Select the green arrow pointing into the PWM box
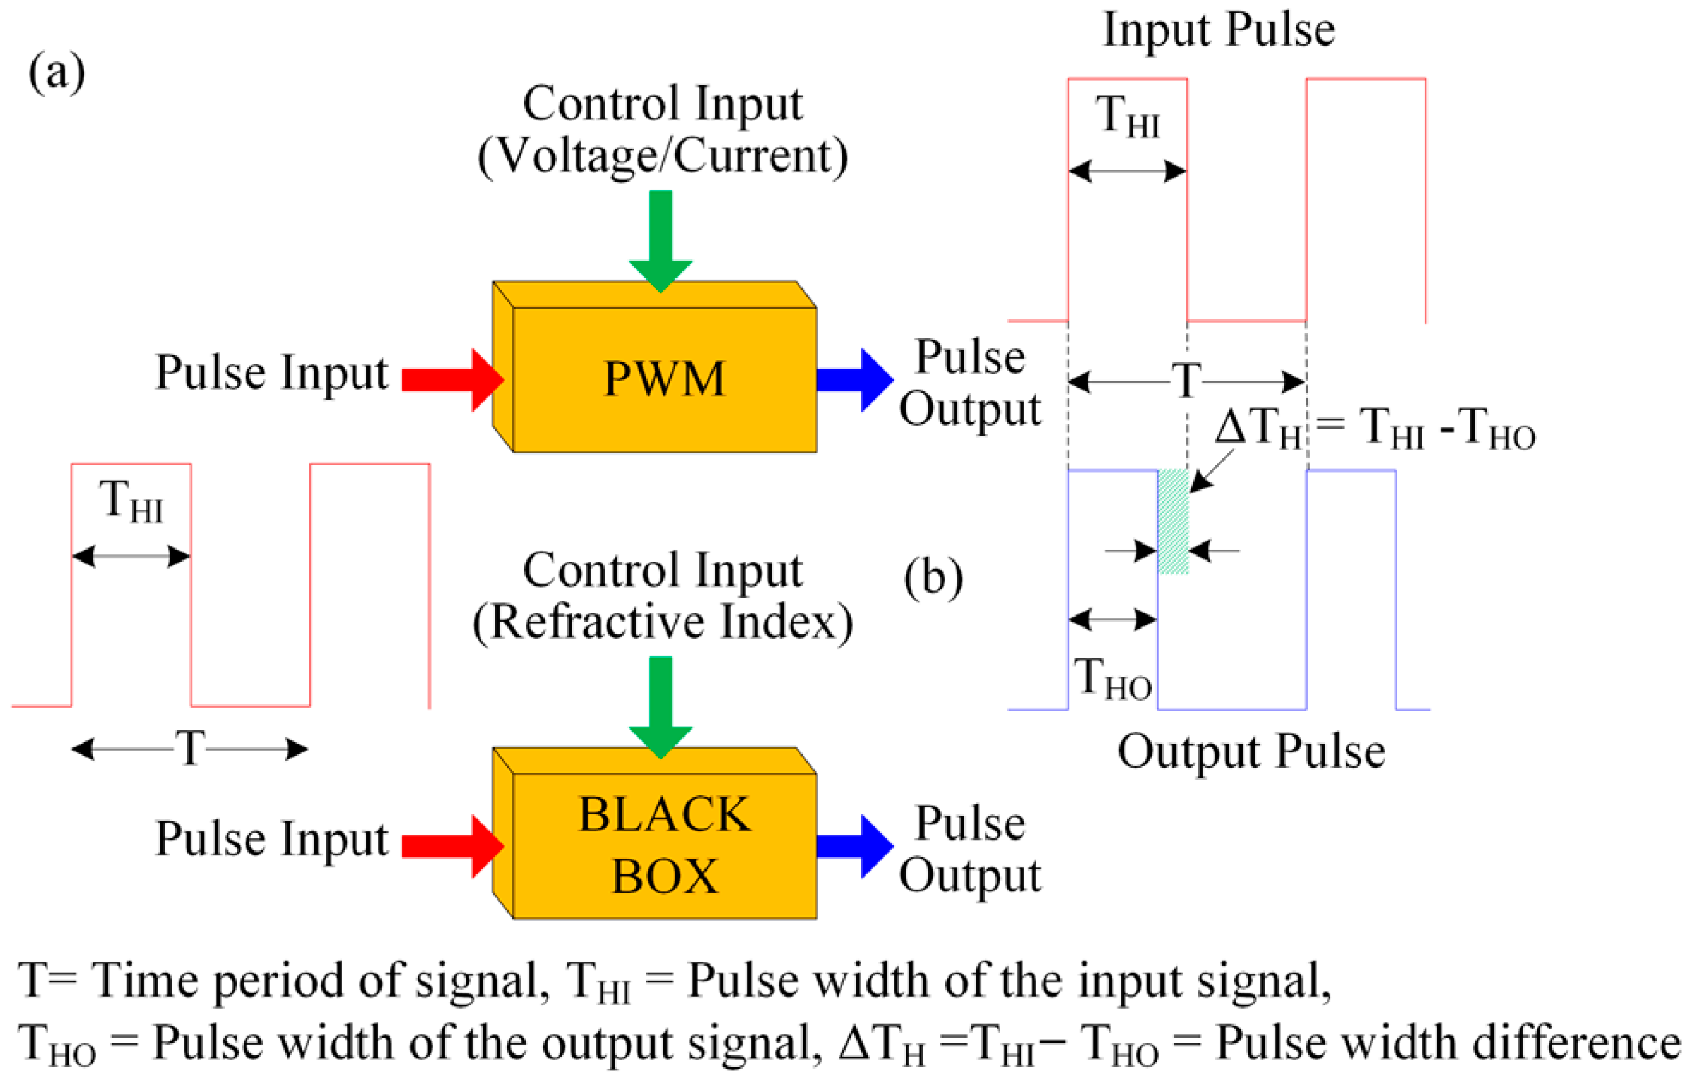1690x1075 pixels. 660,240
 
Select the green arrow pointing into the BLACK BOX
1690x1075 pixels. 660,706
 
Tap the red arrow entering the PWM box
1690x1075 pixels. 452,380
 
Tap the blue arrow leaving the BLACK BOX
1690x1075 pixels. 853,845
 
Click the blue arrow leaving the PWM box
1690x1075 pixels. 853,380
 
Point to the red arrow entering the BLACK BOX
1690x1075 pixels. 452,845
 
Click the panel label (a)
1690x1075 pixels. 57,72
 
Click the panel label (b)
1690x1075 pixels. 933,577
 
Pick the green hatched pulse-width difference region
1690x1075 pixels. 1172,521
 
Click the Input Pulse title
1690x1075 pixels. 1218,30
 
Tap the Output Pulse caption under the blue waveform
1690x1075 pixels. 1251,751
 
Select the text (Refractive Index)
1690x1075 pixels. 662,622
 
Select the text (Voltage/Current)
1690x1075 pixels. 662,155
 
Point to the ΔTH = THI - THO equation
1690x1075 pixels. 1373,429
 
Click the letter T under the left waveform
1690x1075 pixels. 189,747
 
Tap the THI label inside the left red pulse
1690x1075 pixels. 131,501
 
